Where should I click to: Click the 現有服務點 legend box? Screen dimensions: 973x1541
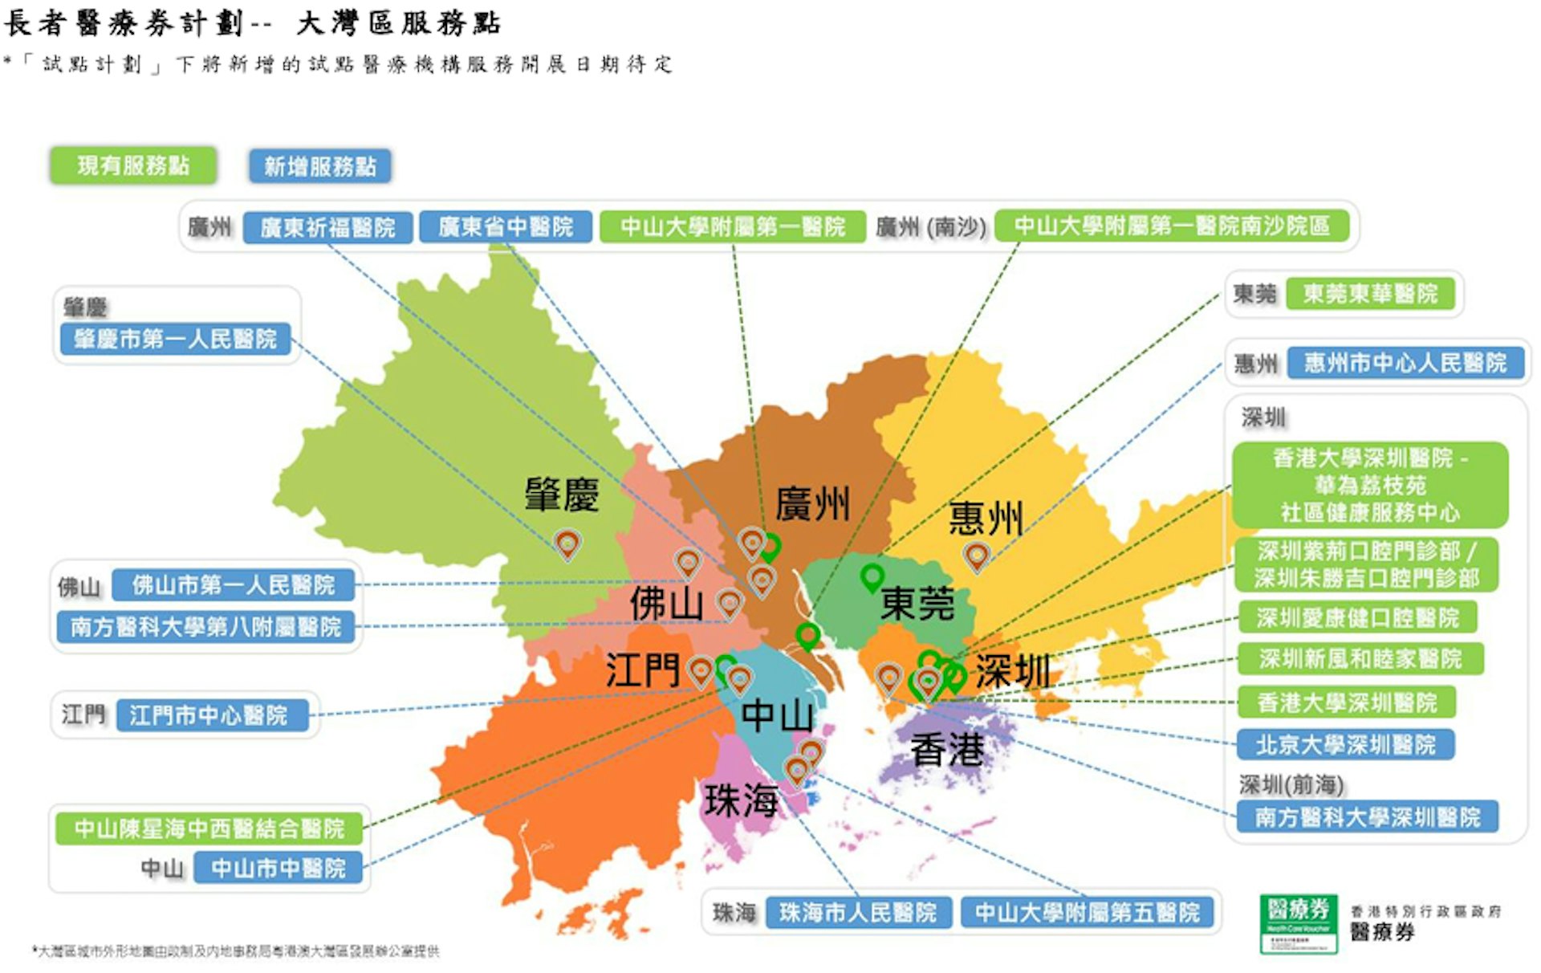pos(133,166)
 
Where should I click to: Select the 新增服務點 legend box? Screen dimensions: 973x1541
pos(319,167)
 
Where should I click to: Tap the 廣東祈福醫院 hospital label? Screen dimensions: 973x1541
pos(327,228)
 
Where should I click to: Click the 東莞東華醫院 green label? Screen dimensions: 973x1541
pos(1370,294)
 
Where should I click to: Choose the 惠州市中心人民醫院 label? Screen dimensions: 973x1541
pos(1405,363)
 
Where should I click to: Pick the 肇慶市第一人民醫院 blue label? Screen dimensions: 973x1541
pos(175,339)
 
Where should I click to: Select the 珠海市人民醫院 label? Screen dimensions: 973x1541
pos(857,913)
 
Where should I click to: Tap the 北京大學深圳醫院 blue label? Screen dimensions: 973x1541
pos(1345,745)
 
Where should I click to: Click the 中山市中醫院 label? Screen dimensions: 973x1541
pos(278,869)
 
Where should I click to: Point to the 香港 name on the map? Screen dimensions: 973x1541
pos(947,750)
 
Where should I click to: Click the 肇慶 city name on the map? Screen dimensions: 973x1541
pos(562,495)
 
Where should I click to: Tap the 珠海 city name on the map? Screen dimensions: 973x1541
pos(741,800)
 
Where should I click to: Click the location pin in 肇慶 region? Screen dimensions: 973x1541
pos(567,543)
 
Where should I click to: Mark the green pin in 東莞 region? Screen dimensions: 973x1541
pos(872,576)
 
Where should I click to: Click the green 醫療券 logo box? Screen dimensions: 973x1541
pos(1299,924)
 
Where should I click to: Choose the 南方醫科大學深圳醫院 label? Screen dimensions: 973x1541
pos(1367,818)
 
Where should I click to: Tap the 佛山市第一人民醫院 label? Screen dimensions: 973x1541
pos(233,585)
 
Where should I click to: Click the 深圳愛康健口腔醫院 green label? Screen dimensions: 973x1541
pos(1357,618)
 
